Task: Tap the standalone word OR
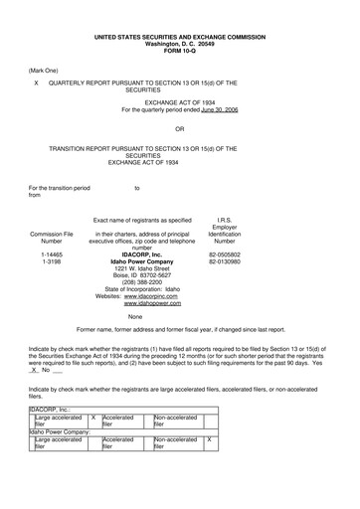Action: point(179,129)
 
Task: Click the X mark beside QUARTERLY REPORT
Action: point(37,84)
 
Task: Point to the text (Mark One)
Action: point(45,71)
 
